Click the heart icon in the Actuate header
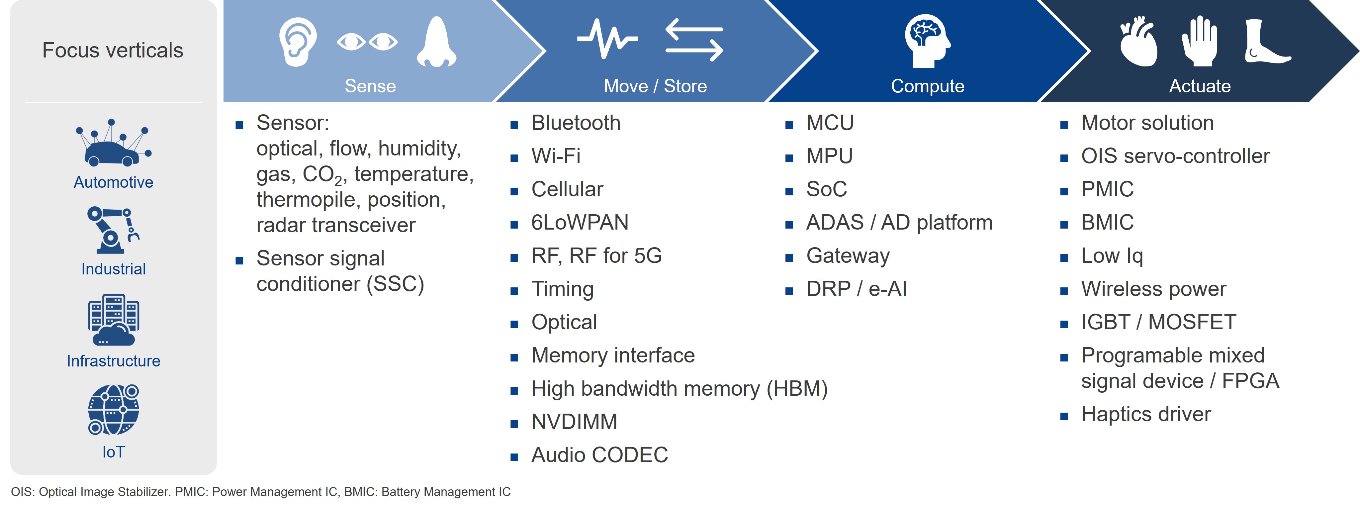click(x=1139, y=42)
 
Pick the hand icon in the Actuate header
click(x=1200, y=41)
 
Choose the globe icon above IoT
click(x=113, y=409)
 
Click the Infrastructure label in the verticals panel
click(x=114, y=361)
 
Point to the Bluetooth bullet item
click(x=576, y=123)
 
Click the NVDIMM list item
click(x=574, y=422)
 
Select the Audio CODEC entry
click(x=599, y=455)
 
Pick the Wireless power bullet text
click(x=1153, y=289)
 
